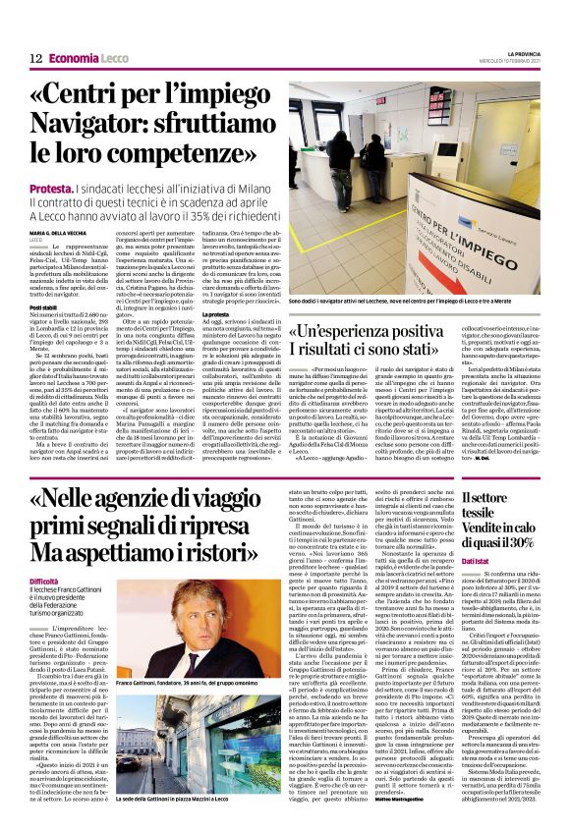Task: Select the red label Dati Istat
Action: click(x=476, y=561)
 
